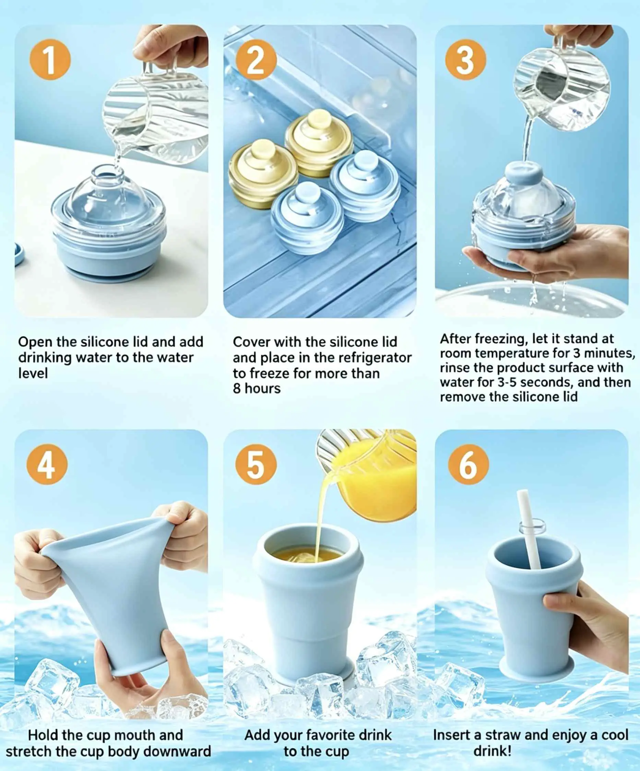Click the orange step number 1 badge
coord(50,60)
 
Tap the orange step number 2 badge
coord(256,60)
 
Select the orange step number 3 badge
coord(465,60)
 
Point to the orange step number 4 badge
coord(47,465)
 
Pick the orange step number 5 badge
coord(256,465)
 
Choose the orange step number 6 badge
coord(469,465)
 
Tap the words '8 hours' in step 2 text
coord(257,388)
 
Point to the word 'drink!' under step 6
coord(492,750)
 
